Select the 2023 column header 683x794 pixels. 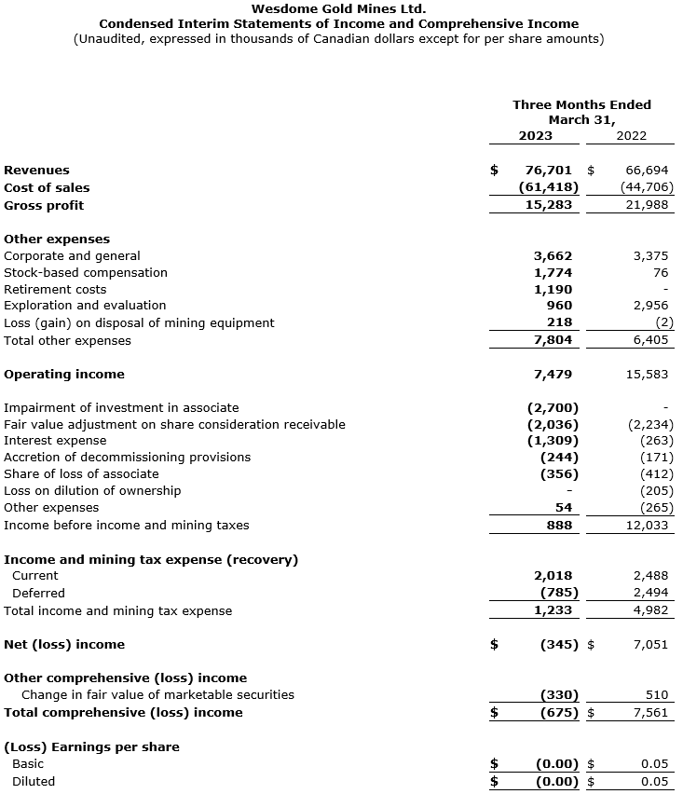(x=535, y=136)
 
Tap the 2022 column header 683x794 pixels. (x=632, y=136)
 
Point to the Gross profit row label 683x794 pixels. (x=44, y=205)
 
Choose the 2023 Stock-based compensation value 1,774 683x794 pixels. (x=553, y=273)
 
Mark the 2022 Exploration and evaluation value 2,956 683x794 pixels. (x=649, y=306)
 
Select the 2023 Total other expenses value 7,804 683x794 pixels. (x=553, y=341)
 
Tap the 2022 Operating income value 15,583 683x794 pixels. (x=646, y=375)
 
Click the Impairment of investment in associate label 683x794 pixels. (x=121, y=408)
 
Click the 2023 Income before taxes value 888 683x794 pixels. (x=559, y=526)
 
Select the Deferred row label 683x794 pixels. (x=38, y=594)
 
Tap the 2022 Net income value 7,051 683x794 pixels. (x=649, y=645)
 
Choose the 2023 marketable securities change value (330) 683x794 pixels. (x=560, y=695)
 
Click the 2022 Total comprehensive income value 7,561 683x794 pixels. (x=649, y=713)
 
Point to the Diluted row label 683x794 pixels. (x=33, y=782)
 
